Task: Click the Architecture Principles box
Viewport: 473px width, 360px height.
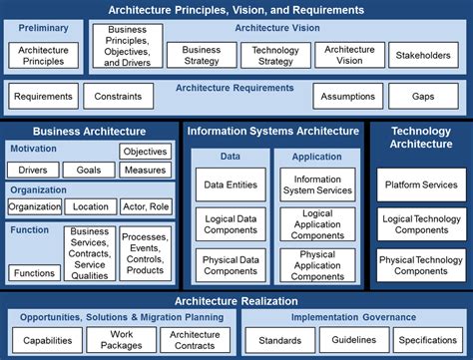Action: pos(42,55)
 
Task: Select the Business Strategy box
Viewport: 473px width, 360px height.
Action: pos(202,55)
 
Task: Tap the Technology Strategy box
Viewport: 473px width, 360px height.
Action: pos(275,55)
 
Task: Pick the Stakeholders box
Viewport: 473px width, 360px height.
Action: pos(422,56)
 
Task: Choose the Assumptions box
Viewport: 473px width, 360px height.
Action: pos(347,97)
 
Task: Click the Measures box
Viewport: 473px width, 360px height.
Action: pos(146,171)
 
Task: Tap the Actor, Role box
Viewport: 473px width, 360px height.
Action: pos(146,207)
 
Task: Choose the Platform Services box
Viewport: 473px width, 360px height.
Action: pos(420,185)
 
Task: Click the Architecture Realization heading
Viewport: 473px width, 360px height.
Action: pos(236,300)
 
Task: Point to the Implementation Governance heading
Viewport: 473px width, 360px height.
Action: pos(352,317)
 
